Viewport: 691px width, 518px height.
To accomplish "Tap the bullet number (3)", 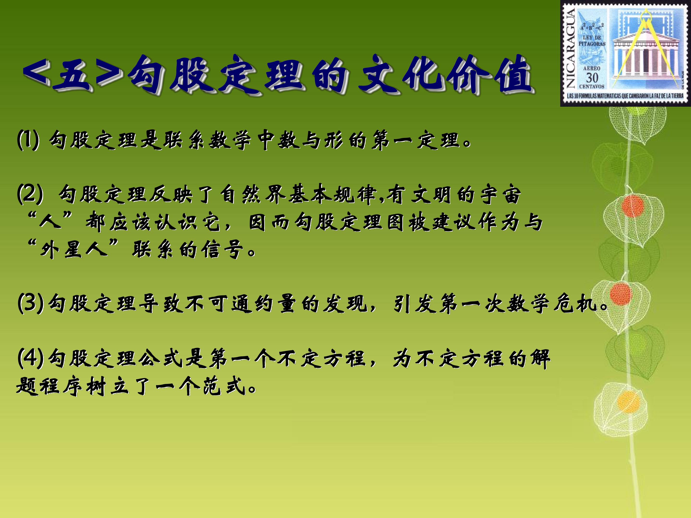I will pos(30,303).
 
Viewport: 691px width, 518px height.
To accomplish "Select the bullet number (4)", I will pos(30,358).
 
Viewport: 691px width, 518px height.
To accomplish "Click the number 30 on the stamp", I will pos(592,78).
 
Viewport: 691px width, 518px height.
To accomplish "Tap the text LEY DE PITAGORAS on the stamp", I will pos(592,41).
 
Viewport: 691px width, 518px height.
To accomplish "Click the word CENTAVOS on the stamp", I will pos(592,87).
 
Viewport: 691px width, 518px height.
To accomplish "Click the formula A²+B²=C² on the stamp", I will pos(592,27).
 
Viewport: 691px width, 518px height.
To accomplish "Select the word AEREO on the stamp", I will pos(592,68).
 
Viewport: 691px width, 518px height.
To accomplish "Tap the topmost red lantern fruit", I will pos(633,206).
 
